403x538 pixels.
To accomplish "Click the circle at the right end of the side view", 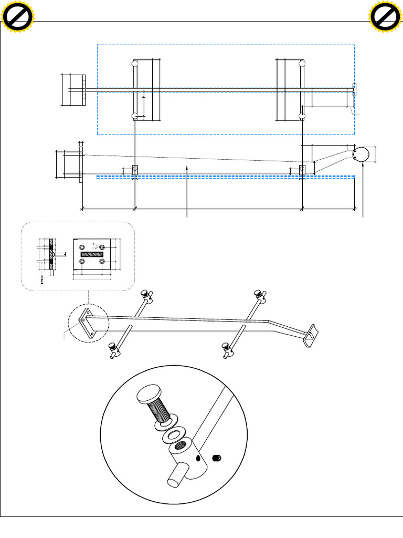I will [x=362, y=154].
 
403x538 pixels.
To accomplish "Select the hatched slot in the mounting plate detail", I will [x=92, y=254].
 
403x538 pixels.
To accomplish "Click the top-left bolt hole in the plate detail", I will [x=81, y=247].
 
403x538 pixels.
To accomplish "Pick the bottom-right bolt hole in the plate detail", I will [x=102, y=261].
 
